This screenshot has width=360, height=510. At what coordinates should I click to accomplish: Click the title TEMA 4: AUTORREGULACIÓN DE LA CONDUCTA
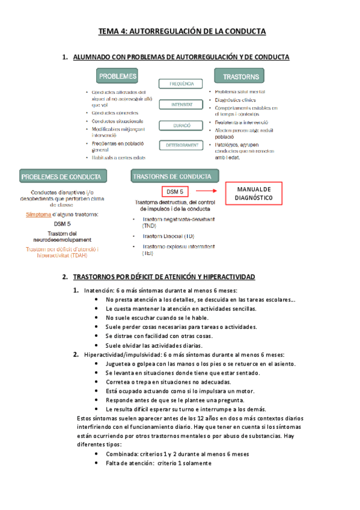click(x=182, y=31)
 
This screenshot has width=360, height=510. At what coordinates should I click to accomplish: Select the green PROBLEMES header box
click(x=117, y=76)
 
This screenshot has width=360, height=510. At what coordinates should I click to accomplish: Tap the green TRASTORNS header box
click(x=241, y=76)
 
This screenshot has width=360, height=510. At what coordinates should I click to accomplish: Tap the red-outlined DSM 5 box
click(x=175, y=191)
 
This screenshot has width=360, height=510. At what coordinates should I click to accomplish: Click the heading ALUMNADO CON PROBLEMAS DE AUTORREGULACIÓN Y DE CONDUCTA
click(x=180, y=57)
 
